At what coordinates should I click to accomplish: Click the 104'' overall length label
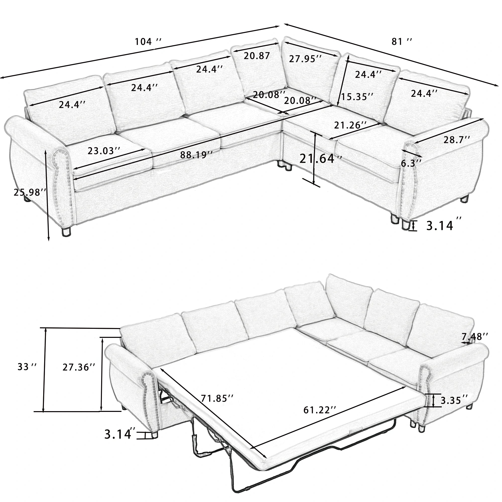[148, 41]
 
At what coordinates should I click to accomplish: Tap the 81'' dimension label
[402, 41]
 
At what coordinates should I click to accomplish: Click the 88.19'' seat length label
[197, 155]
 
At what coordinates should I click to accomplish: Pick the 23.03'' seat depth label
[104, 151]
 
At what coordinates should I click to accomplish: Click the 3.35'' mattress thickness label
[455, 407]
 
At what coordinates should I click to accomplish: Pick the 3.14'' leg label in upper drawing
[440, 226]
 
